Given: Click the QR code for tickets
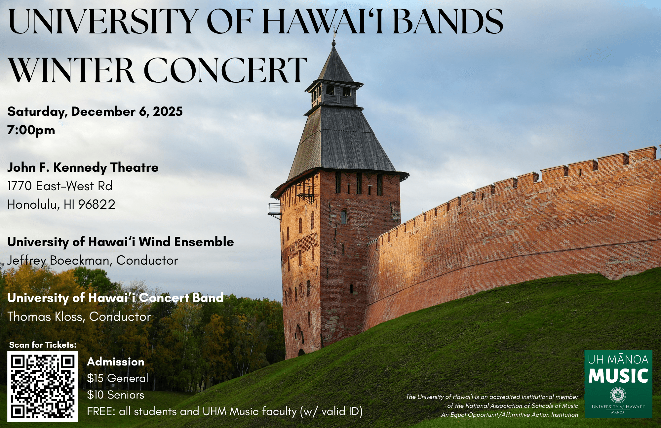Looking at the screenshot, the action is click(x=43, y=386).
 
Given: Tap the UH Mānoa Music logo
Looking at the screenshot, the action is click(x=618, y=384).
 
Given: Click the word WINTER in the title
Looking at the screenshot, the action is click(x=72, y=70).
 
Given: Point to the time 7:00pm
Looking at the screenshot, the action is click(x=31, y=130).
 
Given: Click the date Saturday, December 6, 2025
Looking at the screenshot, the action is click(x=95, y=112).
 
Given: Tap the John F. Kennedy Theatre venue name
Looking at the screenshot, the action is click(x=83, y=168).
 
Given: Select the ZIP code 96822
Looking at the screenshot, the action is click(x=97, y=204).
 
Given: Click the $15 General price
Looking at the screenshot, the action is click(x=118, y=378).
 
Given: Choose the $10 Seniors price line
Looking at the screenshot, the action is click(x=115, y=395).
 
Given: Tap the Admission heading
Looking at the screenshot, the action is click(x=116, y=362).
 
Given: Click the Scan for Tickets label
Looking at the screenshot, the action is click(x=43, y=345).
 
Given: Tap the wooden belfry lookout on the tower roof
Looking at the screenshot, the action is click(x=334, y=93).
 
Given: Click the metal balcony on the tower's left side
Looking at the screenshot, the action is click(x=274, y=211).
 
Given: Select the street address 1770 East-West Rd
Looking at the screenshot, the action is click(x=60, y=186).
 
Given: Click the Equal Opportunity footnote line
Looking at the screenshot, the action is click(x=510, y=415).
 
